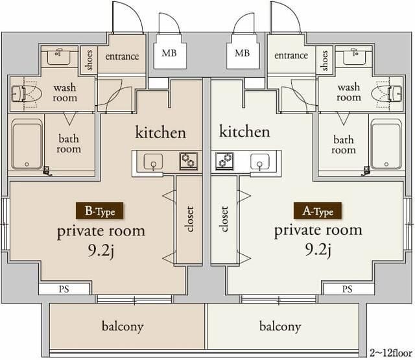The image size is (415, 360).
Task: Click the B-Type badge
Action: tap(99, 211)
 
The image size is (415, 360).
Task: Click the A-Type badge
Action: tap(318, 211)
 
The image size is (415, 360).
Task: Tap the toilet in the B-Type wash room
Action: tap(27, 93)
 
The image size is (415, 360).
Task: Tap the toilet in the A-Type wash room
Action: tap(386, 93)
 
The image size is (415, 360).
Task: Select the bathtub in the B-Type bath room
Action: tap(27, 144)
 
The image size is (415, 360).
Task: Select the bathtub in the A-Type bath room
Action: tap(386, 144)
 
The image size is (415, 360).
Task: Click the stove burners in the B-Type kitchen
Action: tap(188, 161)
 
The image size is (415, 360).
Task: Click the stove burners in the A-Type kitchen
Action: tap(224, 161)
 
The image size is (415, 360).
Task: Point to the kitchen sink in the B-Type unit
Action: tap(153, 162)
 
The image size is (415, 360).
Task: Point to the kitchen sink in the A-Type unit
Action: tap(260, 162)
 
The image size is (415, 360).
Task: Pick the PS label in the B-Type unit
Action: tap(64, 289)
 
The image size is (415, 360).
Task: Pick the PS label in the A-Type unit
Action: tap(347, 289)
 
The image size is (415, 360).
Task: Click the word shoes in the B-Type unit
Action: tap(89, 60)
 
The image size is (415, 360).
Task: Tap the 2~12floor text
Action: tap(390, 353)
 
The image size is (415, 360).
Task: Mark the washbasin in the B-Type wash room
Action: tap(58, 56)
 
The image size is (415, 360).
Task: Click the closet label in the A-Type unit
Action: tap(224, 219)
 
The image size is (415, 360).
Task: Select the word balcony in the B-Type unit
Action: tap(123, 327)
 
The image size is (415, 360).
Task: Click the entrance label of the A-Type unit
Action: tap(291, 55)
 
